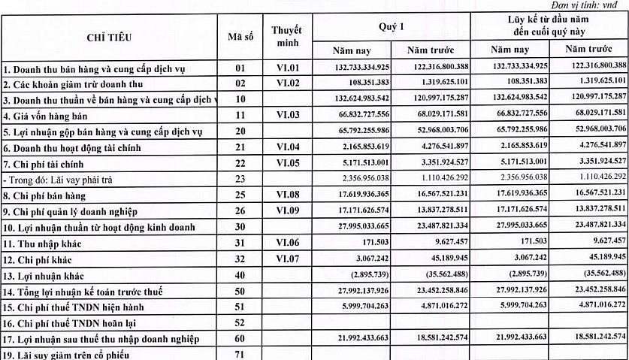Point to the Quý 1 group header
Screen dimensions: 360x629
(391, 26)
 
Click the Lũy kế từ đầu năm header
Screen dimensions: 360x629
(549, 26)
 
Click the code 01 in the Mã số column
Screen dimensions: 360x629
(240, 68)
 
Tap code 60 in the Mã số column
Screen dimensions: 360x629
(240, 338)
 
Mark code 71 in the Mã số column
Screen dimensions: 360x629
(240, 354)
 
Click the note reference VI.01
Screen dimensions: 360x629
(287, 68)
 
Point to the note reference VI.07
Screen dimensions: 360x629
(287, 259)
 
